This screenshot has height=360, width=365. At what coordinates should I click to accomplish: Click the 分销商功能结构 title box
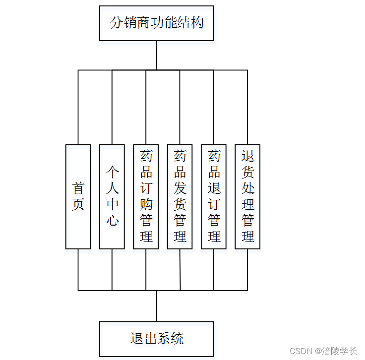[156, 23]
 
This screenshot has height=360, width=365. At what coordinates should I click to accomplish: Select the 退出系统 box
[156, 339]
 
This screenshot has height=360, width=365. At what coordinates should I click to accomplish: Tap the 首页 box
[78, 196]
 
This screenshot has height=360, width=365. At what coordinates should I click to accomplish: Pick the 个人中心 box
[112, 196]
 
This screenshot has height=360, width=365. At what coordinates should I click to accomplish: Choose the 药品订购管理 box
[146, 196]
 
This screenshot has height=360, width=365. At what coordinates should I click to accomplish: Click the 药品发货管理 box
[180, 196]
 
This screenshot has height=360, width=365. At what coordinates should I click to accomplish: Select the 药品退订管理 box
[214, 196]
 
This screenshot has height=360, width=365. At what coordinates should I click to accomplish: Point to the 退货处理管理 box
[247, 196]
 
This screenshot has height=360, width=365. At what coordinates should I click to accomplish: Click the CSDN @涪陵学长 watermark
[323, 351]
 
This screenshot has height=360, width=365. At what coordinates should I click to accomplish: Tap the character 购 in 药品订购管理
[146, 204]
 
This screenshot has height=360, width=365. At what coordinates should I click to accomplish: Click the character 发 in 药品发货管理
[180, 188]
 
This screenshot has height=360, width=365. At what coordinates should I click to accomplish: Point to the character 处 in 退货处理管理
[248, 188]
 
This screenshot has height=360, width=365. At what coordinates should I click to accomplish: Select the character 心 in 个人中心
[113, 220]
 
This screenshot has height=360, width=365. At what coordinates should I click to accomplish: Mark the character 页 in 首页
[78, 204]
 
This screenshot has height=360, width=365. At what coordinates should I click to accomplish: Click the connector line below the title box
[157, 55]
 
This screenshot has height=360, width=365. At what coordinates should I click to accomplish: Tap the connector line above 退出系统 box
[157, 306]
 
